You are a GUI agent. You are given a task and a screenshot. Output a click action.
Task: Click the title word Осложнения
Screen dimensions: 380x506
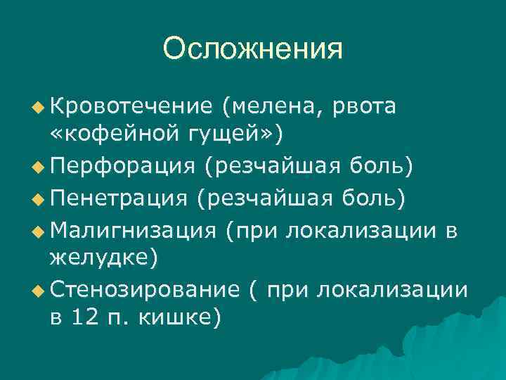[x=252, y=49]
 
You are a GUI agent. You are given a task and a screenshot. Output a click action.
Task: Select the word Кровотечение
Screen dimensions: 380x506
[x=131, y=106]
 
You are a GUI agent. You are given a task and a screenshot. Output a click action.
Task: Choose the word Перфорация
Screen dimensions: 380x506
[x=122, y=167]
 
